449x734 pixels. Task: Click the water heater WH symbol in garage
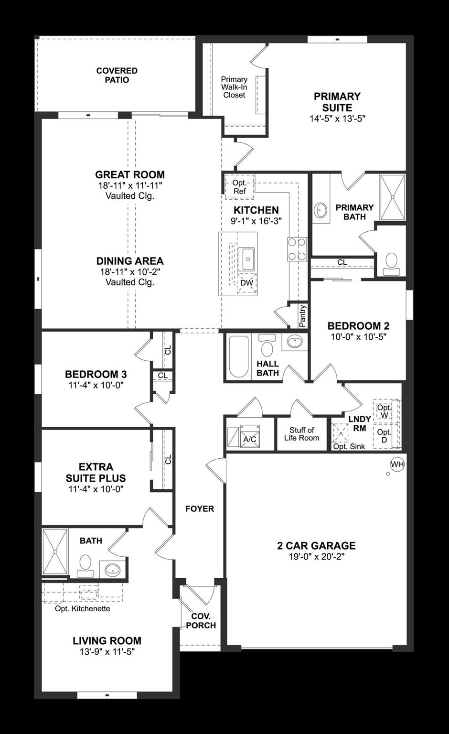pos(397,464)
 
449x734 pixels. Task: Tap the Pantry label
pos(302,316)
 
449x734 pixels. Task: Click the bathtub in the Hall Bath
pos(238,356)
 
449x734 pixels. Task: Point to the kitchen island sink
pos(247,259)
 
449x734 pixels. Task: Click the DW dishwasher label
pos(246,283)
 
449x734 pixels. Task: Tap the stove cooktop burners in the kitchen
pos(297,249)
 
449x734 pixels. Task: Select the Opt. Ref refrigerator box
pos(239,187)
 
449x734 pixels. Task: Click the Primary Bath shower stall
pos(392,197)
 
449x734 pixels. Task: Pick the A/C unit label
pos(249,439)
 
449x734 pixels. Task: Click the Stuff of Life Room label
pos(301,434)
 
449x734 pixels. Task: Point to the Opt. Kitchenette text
pos(82,608)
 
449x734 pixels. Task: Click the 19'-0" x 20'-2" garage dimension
pos(316,557)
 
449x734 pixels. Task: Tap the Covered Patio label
pos(117,76)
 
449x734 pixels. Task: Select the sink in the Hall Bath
pos(295,342)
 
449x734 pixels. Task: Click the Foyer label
pos(200,508)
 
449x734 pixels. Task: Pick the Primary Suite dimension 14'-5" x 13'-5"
pos(337,119)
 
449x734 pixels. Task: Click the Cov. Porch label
pos(201,621)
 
